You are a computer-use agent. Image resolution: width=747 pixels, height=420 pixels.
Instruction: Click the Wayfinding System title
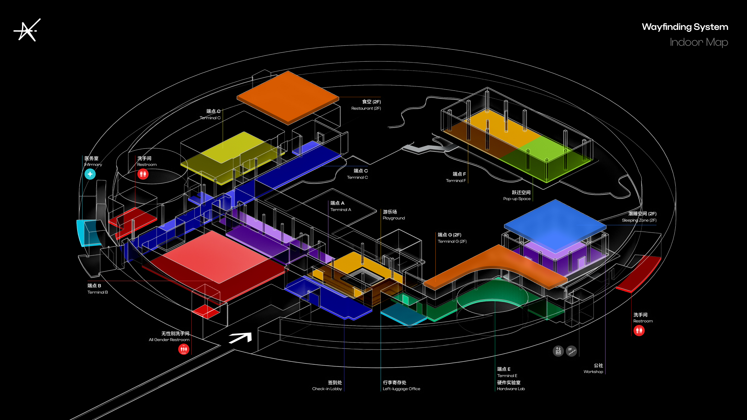pos(685,27)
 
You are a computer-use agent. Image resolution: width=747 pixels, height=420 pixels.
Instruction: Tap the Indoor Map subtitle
pos(699,42)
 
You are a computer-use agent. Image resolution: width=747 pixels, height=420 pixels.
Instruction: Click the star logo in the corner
pos(27,30)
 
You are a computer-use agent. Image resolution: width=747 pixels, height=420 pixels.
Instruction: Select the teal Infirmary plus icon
pos(90,174)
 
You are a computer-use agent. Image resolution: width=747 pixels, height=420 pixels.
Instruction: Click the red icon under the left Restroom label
pos(143,174)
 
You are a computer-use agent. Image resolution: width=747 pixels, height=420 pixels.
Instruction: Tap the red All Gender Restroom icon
pos(184,349)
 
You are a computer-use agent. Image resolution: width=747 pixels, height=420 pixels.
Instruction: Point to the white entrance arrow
pos(240,338)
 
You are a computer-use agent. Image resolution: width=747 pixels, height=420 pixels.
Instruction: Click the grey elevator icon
pos(558,351)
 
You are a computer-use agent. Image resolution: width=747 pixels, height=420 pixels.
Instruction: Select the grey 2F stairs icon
pos(571,351)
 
